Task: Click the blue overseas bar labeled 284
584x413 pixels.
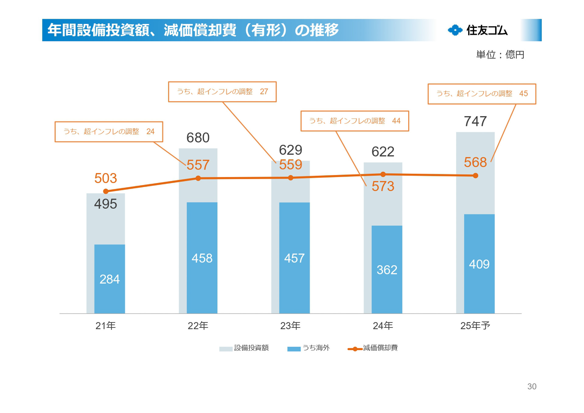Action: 109,279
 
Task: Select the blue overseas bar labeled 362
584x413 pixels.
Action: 387,269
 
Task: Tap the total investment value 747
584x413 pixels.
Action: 475,121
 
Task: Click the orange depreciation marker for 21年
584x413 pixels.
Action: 106,191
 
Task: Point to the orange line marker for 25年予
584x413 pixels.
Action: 475,175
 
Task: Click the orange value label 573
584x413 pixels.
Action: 383,186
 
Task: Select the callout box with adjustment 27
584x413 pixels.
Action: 222,92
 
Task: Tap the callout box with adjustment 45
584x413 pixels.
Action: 481,94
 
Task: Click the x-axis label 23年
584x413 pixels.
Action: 290,326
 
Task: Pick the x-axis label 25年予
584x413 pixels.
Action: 475,326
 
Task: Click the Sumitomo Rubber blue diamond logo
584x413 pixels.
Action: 455,30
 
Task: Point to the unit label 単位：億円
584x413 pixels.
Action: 500,55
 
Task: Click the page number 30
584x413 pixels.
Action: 532,386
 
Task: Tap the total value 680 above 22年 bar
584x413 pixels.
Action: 198,138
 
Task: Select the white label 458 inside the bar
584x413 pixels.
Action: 202,258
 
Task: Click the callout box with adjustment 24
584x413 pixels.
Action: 109,131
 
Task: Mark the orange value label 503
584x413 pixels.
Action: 106,178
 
